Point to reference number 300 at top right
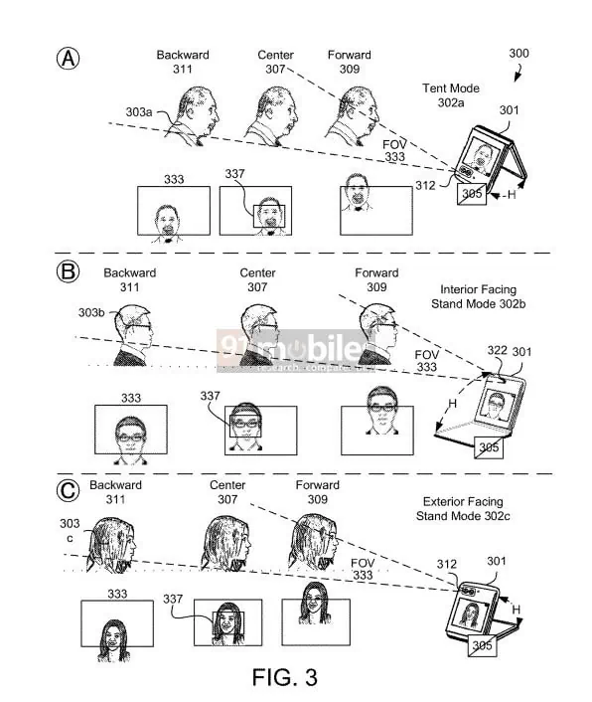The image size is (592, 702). [x=518, y=53]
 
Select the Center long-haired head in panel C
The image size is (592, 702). [x=224, y=542]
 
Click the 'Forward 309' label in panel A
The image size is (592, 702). [x=349, y=62]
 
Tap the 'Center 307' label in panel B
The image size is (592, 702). [x=256, y=279]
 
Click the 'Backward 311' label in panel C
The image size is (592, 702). [x=114, y=492]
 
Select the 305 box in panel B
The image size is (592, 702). [x=488, y=447]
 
